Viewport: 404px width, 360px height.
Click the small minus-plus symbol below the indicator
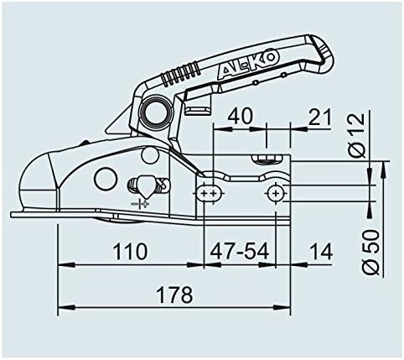(141, 204)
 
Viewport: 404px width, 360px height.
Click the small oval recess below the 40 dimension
(267, 156)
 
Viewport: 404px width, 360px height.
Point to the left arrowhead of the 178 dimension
(60, 308)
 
